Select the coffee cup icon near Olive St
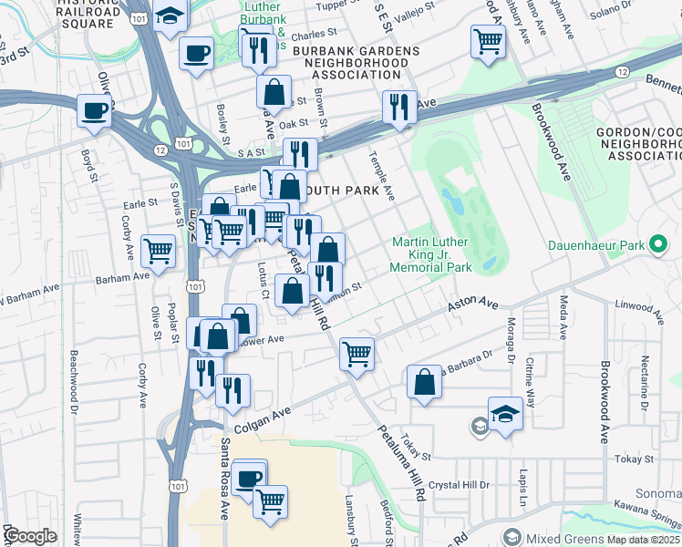[93, 111]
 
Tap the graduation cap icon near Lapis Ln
[505, 413]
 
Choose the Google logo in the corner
[31, 536]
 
